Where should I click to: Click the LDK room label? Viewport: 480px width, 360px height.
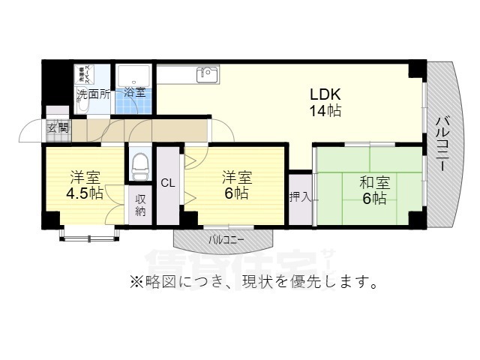pyautogui.click(x=326, y=96)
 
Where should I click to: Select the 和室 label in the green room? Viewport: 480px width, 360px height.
pyautogui.click(x=373, y=181)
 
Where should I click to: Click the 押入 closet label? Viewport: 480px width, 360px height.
pyautogui.click(x=301, y=197)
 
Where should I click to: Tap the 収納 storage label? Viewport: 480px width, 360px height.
pyautogui.click(x=139, y=206)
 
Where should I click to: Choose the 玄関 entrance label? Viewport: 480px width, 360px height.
pyautogui.click(x=58, y=128)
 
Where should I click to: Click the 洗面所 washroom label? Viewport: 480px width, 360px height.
pyautogui.click(x=94, y=94)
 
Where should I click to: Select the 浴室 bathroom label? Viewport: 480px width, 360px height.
pyautogui.click(x=135, y=93)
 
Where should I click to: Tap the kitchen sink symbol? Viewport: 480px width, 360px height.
pyautogui.click(x=206, y=74)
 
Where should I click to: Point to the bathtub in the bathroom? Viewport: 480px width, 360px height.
pyautogui.click(x=134, y=77)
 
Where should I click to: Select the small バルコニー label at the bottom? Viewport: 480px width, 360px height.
pyautogui.click(x=226, y=240)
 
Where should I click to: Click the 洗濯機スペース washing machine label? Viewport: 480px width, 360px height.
pyautogui.click(x=87, y=77)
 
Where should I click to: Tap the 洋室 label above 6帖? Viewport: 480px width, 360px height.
pyautogui.click(x=236, y=178)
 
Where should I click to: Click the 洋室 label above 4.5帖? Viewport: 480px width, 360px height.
pyautogui.click(x=85, y=178)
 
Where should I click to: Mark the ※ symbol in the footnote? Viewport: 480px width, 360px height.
pyautogui.click(x=136, y=283)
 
